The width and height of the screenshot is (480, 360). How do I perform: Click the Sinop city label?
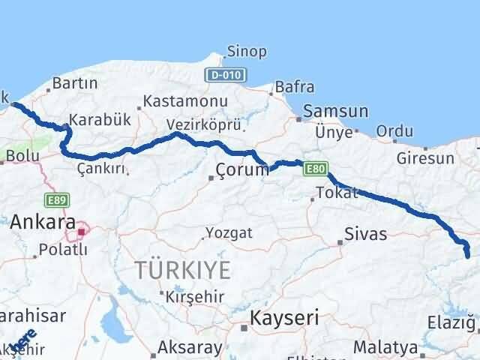pos(247,52)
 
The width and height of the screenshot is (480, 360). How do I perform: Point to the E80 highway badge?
pos(316,170)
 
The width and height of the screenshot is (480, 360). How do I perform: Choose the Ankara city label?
pos(42,223)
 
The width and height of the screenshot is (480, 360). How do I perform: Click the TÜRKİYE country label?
pos(182,269)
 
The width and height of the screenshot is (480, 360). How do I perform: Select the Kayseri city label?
pos(285,317)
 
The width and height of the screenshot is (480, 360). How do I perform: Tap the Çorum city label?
pos(241,170)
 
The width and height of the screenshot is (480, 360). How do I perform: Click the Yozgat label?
pos(230,233)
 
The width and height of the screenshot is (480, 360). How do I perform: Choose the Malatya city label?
pos(385,347)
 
